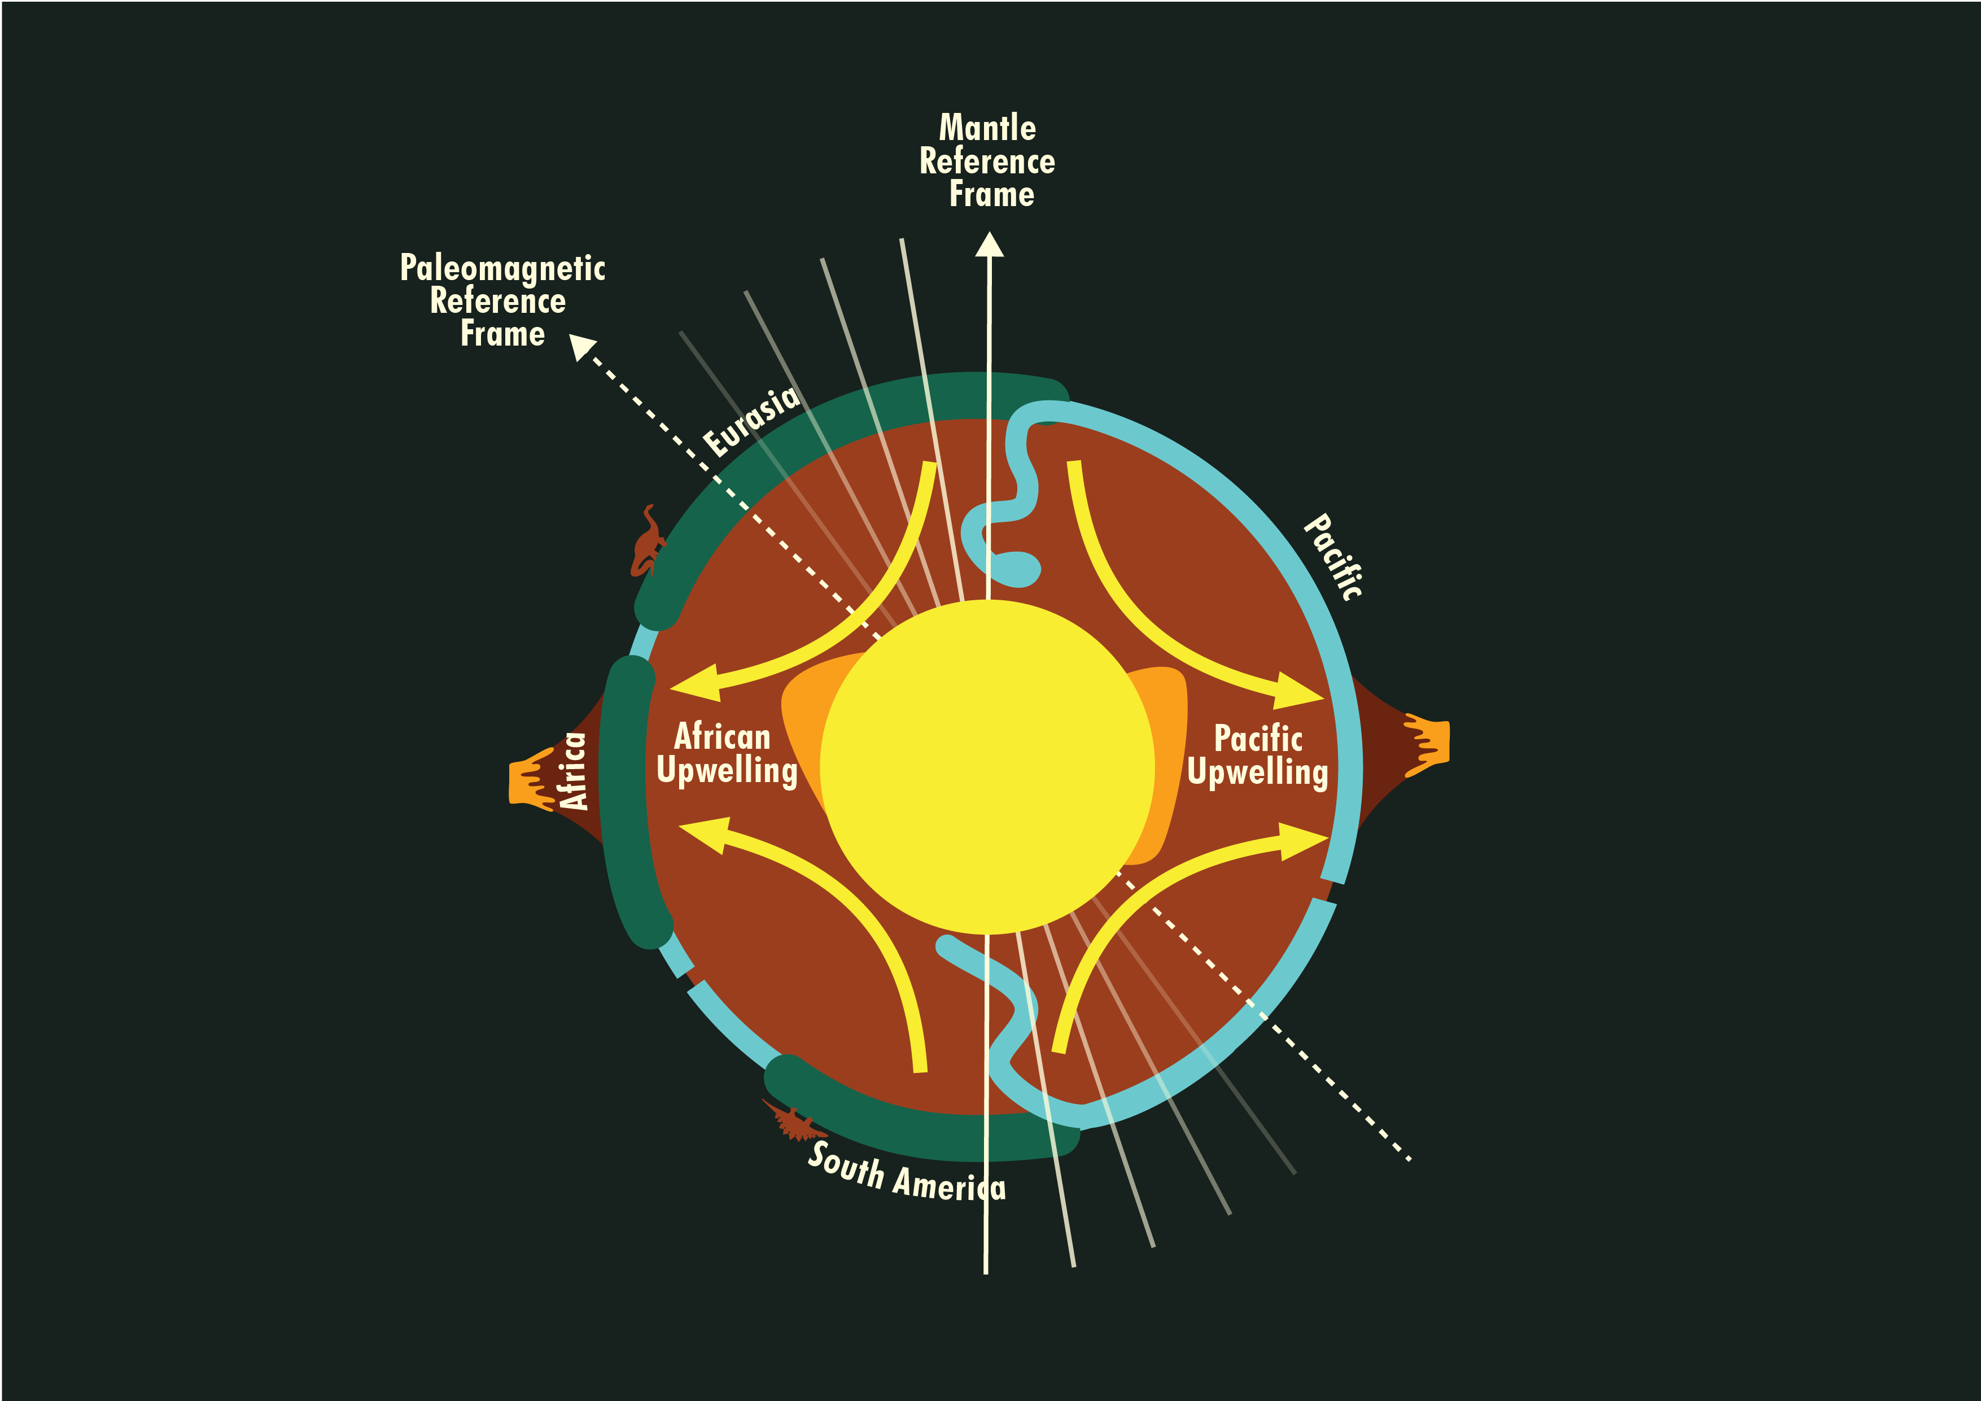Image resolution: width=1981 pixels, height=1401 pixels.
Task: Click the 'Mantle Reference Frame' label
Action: [988, 162]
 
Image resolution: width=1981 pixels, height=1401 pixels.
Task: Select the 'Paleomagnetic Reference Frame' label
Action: [502, 300]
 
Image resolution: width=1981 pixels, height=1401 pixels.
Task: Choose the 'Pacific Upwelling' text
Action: [1258, 756]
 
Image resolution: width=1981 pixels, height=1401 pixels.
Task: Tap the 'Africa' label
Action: [573, 771]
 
